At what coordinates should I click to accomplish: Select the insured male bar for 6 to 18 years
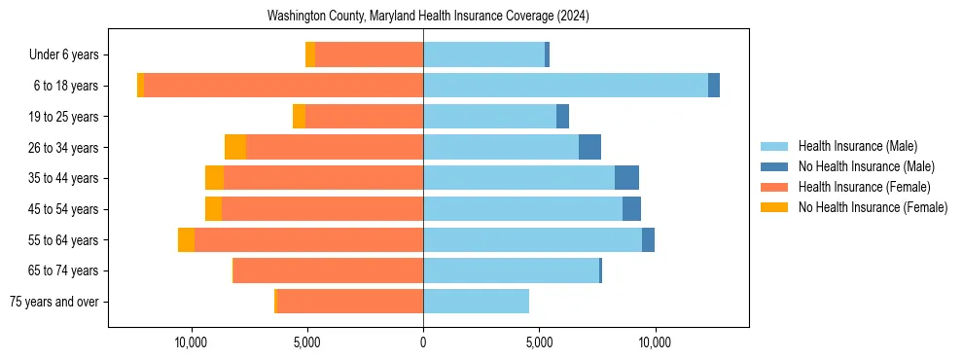coord(565,86)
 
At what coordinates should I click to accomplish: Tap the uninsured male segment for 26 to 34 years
coord(589,147)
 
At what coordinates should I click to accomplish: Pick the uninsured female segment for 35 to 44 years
coord(214,178)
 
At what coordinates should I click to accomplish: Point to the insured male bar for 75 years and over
coord(476,302)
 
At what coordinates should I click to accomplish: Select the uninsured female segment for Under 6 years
coord(310,54)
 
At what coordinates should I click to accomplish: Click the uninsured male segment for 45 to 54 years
coord(631,209)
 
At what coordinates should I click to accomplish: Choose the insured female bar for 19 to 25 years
coord(364,117)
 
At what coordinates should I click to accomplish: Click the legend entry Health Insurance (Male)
coord(857,146)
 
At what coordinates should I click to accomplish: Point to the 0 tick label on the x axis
coord(423,343)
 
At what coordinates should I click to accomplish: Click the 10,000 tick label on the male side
coord(655,343)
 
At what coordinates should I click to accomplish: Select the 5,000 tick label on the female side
coord(307,343)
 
